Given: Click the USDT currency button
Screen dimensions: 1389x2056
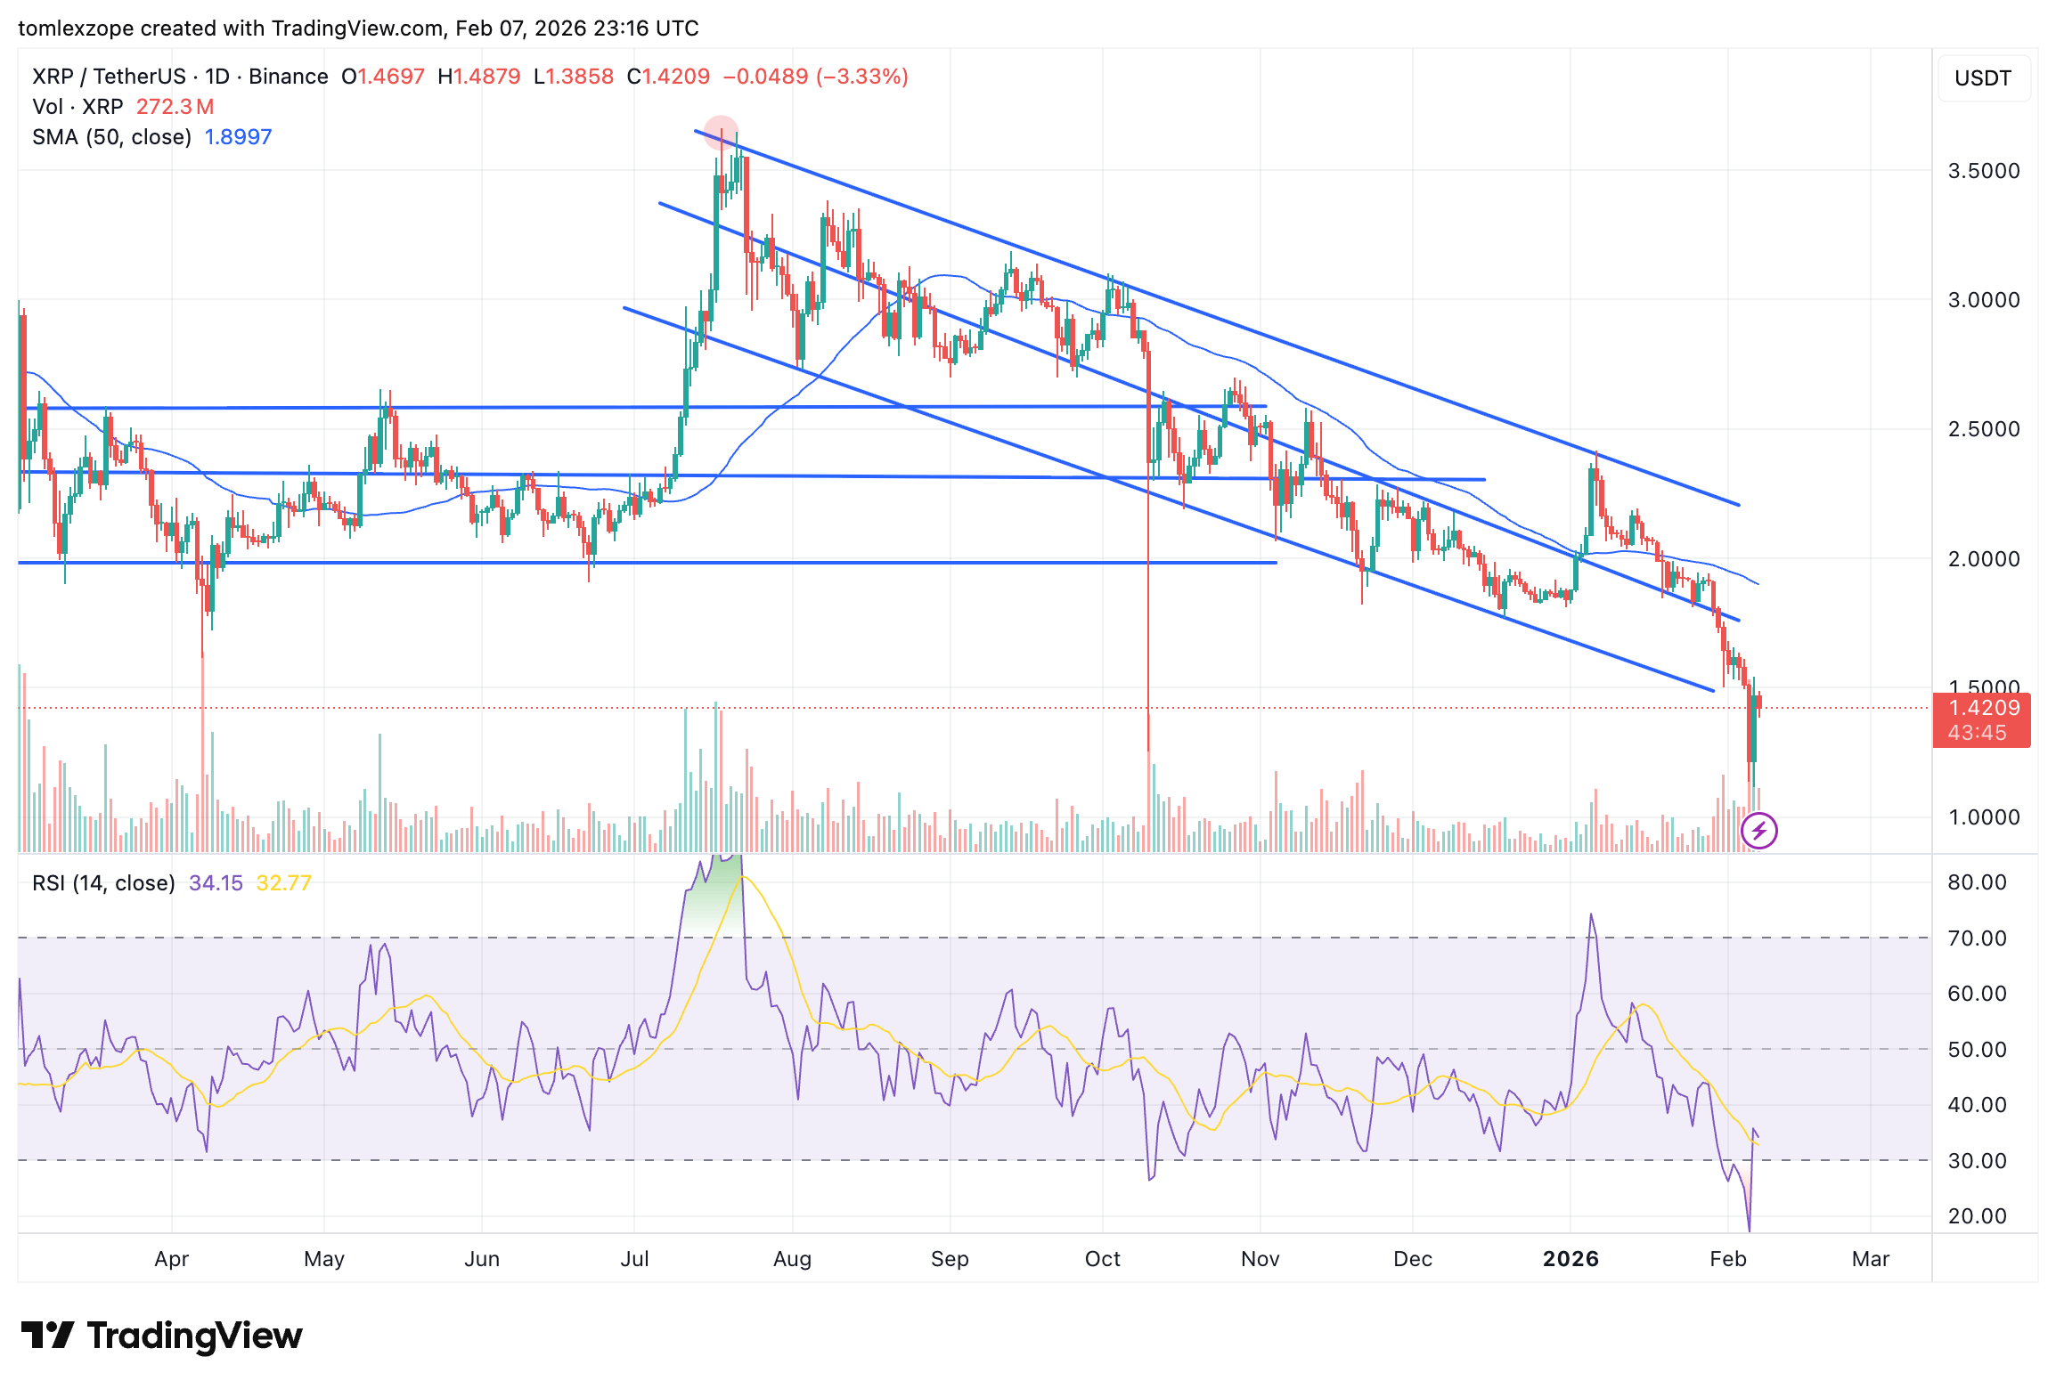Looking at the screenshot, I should tap(1982, 78).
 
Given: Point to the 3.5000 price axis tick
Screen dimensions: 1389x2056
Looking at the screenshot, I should tap(1983, 171).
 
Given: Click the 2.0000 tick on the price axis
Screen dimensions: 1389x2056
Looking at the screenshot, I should tap(1983, 559).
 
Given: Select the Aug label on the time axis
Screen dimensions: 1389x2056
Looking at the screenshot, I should tap(792, 1259).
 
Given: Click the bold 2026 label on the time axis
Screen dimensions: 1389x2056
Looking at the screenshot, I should tap(1571, 1259).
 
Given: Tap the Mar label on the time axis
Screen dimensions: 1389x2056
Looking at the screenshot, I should tap(1870, 1259).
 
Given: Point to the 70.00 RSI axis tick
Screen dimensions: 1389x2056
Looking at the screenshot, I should tap(1977, 938).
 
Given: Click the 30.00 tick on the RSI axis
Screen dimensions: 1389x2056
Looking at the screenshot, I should tap(1977, 1161).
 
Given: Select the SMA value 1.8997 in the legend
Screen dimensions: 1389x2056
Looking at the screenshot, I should tap(238, 137).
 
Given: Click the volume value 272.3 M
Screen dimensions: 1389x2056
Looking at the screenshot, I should tap(175, 107).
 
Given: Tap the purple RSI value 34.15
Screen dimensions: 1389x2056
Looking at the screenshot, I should tap(216, 883).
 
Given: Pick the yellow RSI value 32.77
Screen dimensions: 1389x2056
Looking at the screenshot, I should tap(283, 883).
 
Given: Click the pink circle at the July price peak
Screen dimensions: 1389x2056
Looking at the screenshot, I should tap(721, 133).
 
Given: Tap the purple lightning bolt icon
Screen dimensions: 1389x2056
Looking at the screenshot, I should tap(1758, 832).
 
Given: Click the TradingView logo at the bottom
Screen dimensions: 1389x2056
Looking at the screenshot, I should tap(162, 1336).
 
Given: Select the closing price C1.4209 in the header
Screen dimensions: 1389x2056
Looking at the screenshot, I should tap(668, 77).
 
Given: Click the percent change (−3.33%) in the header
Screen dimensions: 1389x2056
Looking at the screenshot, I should tap(861, 77).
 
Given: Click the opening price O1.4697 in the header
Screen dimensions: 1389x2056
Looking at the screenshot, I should tap(383, 77).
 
